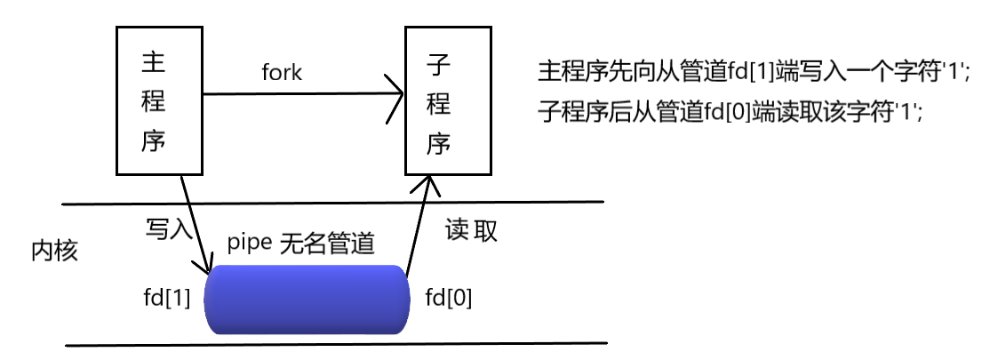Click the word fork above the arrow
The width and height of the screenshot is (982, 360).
point(282,73)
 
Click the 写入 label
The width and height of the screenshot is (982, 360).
point(168,229)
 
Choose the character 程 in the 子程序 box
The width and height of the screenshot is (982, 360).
point(437,104)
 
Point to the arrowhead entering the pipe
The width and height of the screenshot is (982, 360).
point(208,268)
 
